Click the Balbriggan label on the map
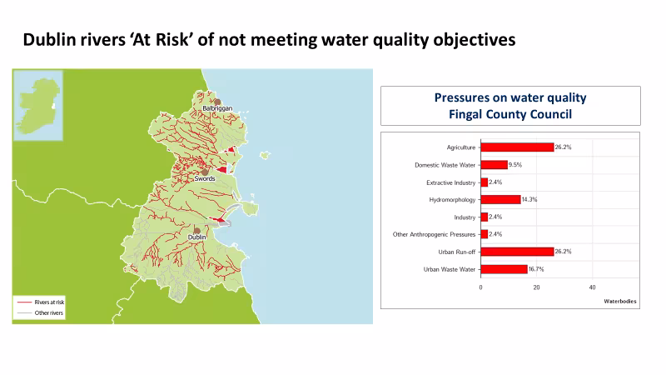click(217, 108)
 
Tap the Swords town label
click(204, 178)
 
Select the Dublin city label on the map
click(196, 237)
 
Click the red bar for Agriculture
click(517, 147)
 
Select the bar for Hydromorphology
click(500, 200)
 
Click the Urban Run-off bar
click(517, 252)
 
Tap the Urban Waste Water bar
click(504, 269)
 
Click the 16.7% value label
click(540, 269)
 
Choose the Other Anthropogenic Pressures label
click(434, 234)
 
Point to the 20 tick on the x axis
click(537, 287)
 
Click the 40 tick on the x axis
click(593, 287)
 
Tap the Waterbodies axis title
click(620, 300)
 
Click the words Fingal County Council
click(509, 113)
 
